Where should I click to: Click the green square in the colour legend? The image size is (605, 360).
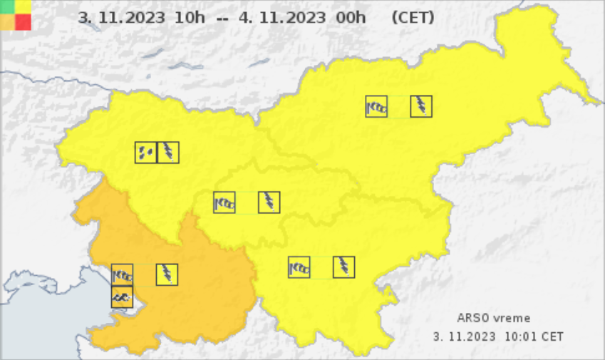point(8,7)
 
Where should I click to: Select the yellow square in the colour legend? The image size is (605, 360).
point(24,7)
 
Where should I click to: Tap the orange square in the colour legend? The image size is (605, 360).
point(8,22)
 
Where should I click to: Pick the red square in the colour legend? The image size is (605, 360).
point(24,22)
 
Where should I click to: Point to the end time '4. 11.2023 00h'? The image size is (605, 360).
point(303,18)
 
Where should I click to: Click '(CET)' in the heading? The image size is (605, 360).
point(413,18)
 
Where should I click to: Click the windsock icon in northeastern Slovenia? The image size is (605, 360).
point(376,106)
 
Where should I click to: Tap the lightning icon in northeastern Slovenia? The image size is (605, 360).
point(421,106)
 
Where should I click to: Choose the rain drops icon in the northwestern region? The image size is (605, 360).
point(146,153)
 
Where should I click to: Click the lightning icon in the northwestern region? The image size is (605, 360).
point(168,153)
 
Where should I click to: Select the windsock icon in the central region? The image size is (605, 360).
point(224,202)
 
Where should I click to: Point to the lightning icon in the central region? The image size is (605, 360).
point(269,202)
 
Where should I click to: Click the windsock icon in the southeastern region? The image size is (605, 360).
point(299,267)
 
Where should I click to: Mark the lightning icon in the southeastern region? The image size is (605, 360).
point(344,267)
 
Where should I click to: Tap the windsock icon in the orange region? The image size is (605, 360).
point(122,274)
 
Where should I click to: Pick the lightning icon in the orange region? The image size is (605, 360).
point(167,274)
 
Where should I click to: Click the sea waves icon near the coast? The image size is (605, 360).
point(122,297)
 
